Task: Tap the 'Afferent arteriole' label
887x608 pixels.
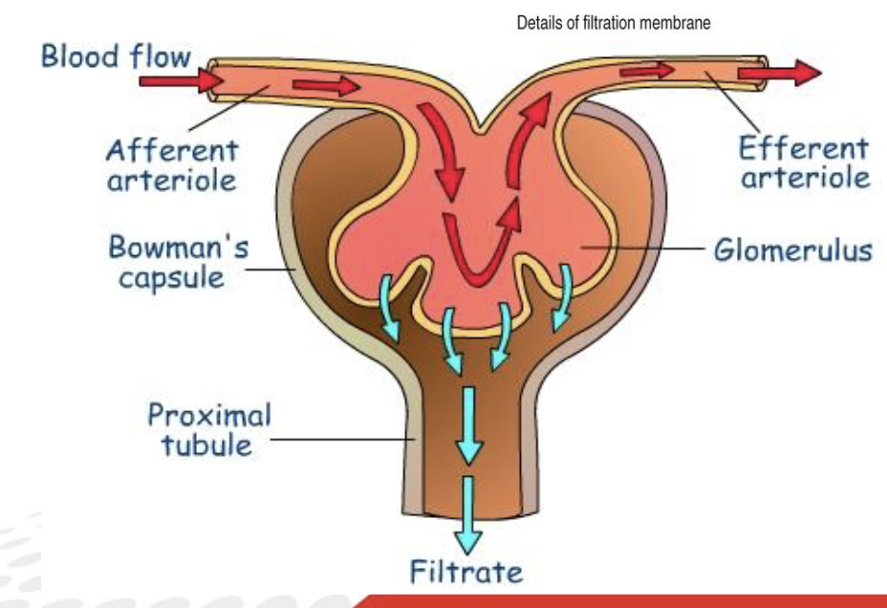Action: (x=172, y=164)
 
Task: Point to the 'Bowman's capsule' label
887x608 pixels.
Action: (x=179, y=264)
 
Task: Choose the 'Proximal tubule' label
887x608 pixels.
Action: (x=209, y=430)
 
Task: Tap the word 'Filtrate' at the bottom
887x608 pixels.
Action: (x=466, y=573)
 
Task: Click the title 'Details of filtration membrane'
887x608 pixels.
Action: (x=614, y=24)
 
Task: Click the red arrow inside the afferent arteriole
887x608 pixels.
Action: (x=326, y=87)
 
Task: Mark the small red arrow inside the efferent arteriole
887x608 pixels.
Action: (x=646, y=70)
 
